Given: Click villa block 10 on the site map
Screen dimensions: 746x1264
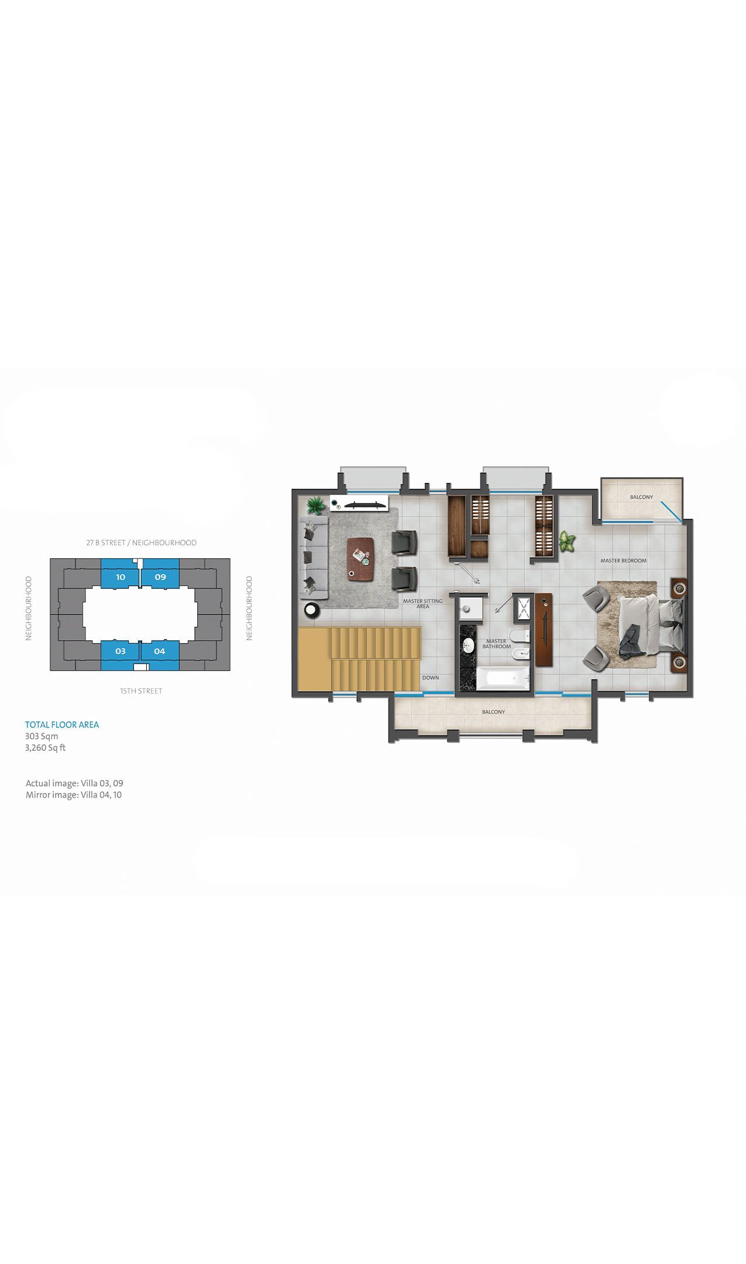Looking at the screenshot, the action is click(121, 576).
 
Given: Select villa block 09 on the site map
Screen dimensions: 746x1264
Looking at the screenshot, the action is click(160, 576).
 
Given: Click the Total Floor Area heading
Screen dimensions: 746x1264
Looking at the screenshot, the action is click(62, 724).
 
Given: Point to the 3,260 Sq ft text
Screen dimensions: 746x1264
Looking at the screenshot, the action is click(46, 748).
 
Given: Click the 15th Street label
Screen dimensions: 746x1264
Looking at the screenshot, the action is click(141, 691).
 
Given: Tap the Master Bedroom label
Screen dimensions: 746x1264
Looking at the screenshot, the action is click(623, 561).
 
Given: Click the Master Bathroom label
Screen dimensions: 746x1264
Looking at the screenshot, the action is click(496, 644).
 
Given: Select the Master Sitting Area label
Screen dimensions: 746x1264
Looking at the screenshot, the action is click(422, 603).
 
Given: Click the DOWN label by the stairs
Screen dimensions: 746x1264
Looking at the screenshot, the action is click(431, 678).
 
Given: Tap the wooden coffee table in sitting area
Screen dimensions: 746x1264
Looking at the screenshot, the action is click(360, 559).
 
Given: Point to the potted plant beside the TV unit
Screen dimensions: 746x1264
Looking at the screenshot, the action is click(316, 504).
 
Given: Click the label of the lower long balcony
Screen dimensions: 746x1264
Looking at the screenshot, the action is click(493, 712).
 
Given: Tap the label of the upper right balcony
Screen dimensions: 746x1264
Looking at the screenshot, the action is click(641, 497).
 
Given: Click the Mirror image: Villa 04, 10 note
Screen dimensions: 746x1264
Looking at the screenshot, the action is click(74, 795).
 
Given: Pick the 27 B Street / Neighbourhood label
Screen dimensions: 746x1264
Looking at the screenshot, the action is click(142, 542).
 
